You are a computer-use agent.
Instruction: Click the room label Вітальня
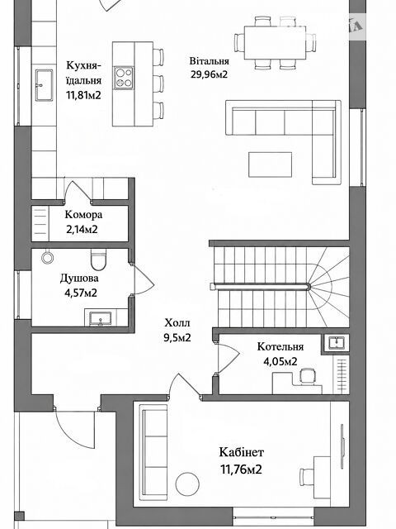coord(209,61)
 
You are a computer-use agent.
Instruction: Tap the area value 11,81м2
coord(83,95)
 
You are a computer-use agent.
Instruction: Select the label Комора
coord(83,215)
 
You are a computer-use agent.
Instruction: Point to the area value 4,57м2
coord(81,293)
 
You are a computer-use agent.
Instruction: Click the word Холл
coord(177,323)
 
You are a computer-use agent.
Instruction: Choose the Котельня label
coord(280,346)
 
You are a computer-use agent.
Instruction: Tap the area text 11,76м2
coord(241,469)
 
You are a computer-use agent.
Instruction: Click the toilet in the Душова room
coord(98,260)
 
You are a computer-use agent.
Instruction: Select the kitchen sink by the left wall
coord(44,85)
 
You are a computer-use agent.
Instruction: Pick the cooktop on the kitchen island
coord(124,78)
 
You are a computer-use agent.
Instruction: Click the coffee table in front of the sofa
coord(270,164)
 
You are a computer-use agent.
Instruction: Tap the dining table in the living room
coord(275,42)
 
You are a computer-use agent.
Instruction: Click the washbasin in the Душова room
coord(101,319)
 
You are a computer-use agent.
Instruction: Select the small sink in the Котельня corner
coord(335,343)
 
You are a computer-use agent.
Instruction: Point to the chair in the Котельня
coord(308,377)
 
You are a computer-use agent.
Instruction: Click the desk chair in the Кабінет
coord(308,477)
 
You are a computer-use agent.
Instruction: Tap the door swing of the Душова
coord(144,279)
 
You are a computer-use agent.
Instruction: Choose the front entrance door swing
coord(73,426)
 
